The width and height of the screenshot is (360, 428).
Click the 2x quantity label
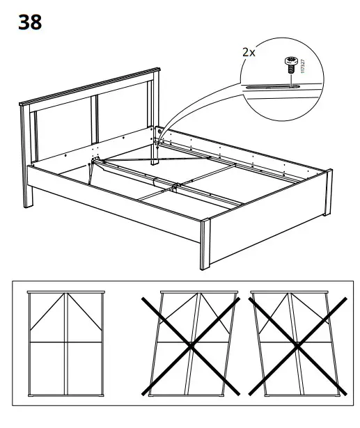point(248,51)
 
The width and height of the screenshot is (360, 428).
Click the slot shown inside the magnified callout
point(275,87)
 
